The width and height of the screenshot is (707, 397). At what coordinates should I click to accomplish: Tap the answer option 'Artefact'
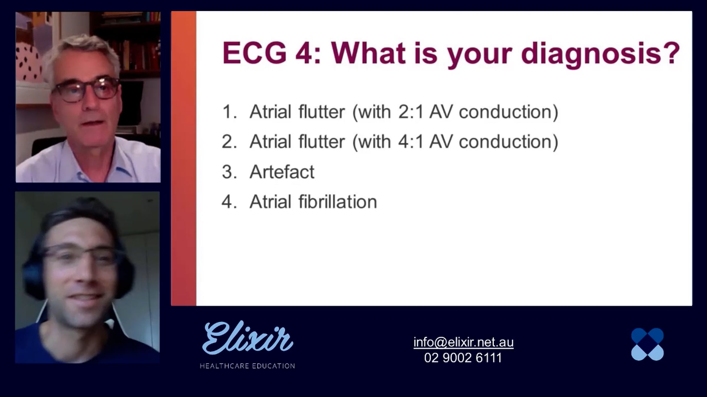282,172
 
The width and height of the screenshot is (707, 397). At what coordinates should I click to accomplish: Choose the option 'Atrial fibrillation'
313,202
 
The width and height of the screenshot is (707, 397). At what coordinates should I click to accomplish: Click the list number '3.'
229,172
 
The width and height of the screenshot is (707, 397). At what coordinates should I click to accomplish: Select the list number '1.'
230,112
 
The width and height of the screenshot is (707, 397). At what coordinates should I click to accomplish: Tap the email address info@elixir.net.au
463,342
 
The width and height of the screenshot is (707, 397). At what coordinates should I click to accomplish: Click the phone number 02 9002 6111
463,358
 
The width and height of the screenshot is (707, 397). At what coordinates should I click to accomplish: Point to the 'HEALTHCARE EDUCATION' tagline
247,366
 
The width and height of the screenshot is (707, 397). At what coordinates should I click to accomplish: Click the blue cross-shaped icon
647,344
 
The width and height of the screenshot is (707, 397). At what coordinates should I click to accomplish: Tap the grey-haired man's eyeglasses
85,90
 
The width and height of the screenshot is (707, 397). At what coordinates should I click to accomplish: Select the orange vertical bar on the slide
184,159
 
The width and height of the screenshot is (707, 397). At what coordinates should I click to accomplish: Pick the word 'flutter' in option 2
322,142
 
